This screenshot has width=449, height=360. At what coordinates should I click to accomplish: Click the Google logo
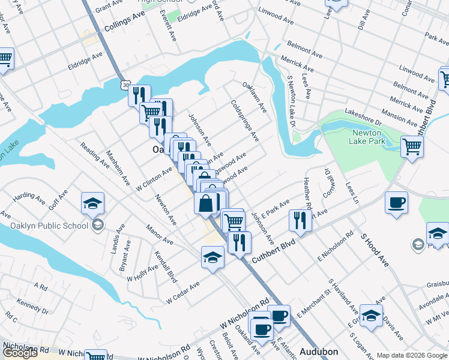[20, 353]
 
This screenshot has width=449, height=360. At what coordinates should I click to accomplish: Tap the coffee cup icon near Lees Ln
[396, 202]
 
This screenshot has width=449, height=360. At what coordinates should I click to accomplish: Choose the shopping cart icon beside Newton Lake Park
[412, 146]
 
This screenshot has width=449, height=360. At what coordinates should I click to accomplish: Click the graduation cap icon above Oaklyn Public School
[92, 204]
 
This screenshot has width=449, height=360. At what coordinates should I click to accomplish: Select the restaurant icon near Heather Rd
[299, 220]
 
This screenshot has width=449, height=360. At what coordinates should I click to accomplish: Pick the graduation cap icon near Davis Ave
[371, 316]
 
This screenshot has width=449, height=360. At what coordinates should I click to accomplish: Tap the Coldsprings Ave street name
[245, 120]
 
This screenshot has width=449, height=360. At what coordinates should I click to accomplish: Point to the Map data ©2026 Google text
[412, 355]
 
